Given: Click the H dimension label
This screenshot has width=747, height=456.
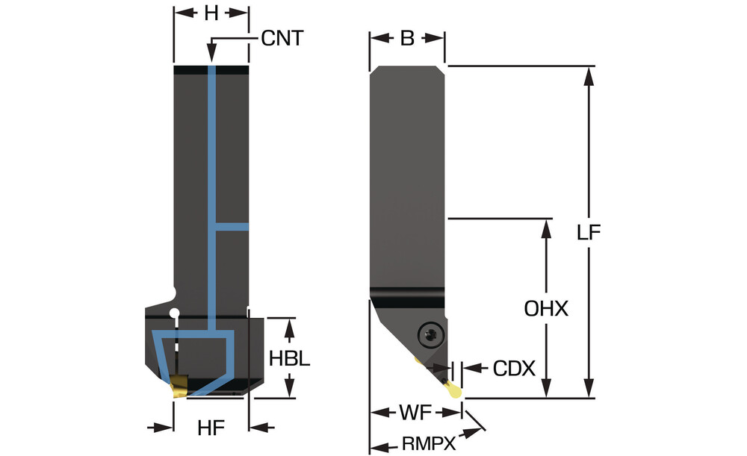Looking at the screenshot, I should tap(211, 13).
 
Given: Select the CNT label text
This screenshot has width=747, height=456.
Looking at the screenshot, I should tap(283, 39).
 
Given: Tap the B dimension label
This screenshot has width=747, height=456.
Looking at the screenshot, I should tap(407, 39).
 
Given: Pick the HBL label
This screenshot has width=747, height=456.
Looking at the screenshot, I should tap(289, 357).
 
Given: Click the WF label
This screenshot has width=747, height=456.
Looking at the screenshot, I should tap(415, 412).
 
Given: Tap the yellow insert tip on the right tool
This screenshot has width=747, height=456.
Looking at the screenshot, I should tap(453, 389).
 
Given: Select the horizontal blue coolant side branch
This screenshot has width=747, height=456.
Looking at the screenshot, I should tap(232, 225).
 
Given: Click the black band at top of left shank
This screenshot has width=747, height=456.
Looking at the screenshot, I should tap(211, 70).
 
